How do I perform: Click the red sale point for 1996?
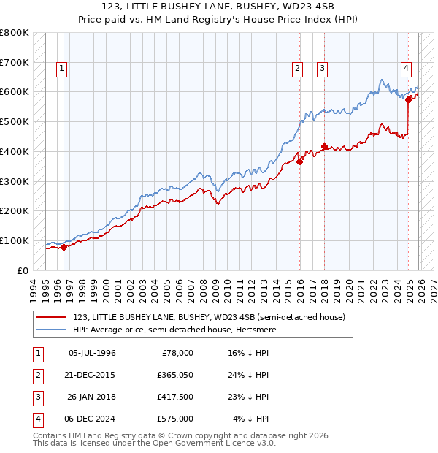click(64, 247)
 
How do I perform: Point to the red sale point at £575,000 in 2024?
click(409, 100)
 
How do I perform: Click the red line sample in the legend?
click(53, 317)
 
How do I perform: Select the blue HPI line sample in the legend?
click(53, 330)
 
